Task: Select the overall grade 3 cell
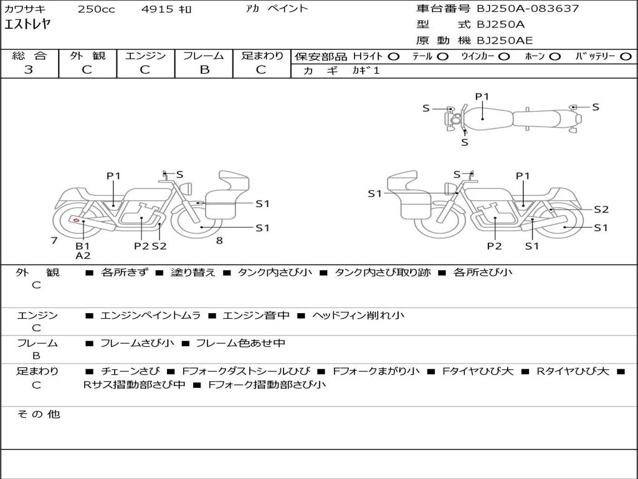(29, 70)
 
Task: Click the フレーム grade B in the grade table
(204, 70)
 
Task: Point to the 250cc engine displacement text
(96, 9)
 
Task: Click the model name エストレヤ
(27, 25)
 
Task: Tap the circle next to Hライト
(393, 56)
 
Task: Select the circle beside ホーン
(555, 56)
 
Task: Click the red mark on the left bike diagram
(76, 220)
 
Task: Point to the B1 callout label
(83, 246)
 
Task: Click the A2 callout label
(83, 256)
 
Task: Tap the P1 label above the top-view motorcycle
(482, 97)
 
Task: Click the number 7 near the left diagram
(54, 241)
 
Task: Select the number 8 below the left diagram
(219, 241)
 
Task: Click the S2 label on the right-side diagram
(601, 210)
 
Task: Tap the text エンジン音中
(256, 316)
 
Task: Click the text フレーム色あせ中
(240, 343)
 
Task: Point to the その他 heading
(38, 414)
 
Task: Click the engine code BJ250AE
(505, 41)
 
